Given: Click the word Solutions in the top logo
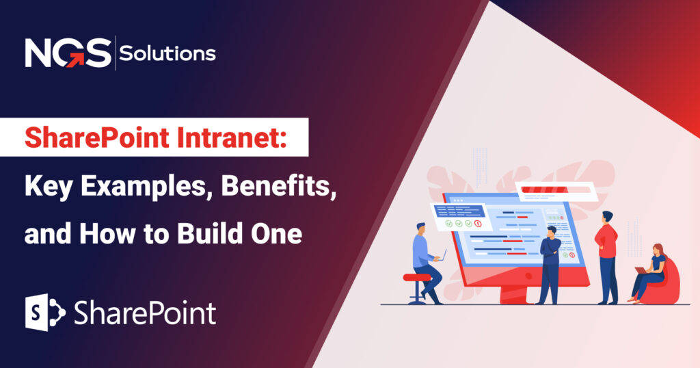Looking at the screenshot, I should [167, 53].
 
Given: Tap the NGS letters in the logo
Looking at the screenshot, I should [67, 54].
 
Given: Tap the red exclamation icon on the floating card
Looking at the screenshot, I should [479, 224].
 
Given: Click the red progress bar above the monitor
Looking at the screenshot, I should [550, 190].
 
